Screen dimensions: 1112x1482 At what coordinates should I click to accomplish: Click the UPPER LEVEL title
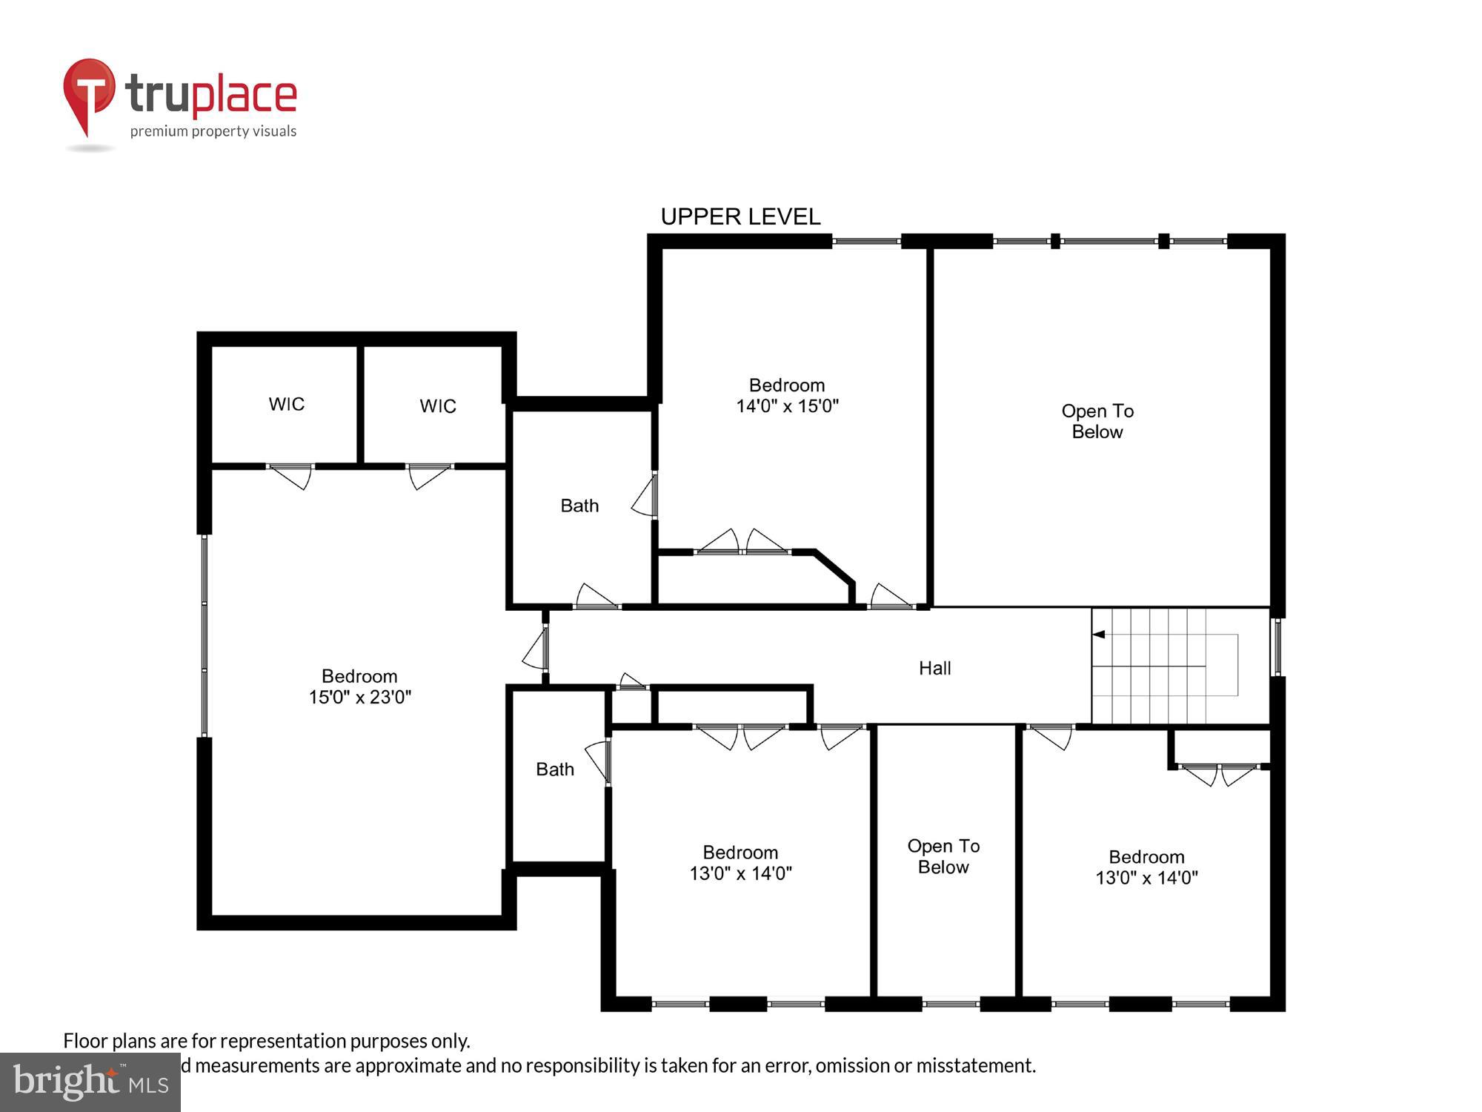[x=740, y=216]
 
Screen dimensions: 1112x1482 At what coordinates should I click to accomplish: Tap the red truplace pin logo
[x=89, y=93]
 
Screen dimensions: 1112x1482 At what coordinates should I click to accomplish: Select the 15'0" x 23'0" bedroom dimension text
[x=359, y=697]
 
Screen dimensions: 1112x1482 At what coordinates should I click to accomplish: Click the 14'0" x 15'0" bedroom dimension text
[x=787, y=406]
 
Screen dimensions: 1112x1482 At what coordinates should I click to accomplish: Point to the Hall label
[x=934, y=668]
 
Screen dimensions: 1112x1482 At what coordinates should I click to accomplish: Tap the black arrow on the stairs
[x=1100, y=635]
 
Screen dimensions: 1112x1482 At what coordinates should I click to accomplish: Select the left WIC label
[x=286, y=404]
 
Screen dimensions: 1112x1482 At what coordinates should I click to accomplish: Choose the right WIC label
[x=437, y=406]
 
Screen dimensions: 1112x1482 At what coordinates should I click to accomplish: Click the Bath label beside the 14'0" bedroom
[x=579, y=506]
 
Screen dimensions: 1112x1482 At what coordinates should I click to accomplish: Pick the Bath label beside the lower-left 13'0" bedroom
[x=555, y=770]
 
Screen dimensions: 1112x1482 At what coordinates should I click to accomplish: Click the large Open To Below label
[x=1097, y=421]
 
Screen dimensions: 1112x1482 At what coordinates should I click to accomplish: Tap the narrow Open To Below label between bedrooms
[x=943, y=856]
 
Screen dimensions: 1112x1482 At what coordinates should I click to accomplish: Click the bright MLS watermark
[x=90, y=1082]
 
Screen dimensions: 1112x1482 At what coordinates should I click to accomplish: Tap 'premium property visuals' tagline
[x=213, y=131]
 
